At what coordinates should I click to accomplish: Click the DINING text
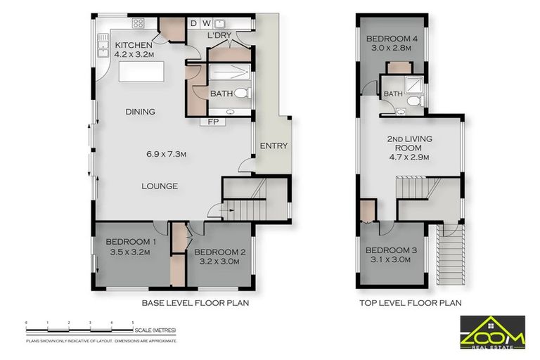point(140,112)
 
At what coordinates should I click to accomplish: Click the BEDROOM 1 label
point(131,243)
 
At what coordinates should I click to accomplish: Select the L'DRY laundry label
point(219,35)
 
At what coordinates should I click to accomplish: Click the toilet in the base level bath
point(240,93)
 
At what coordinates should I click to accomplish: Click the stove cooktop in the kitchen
point(138,23)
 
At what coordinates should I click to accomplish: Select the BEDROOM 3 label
point(391,251)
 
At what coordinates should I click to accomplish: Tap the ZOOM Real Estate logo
point(492,330)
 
